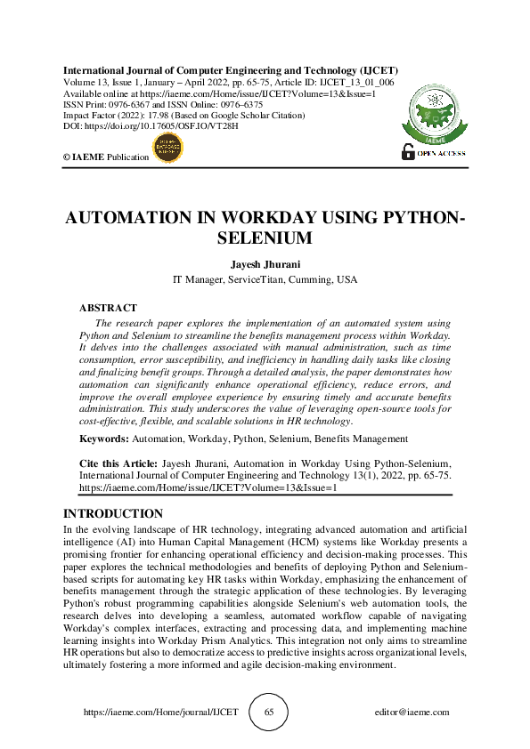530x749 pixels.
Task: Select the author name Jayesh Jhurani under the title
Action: tap(265, 263)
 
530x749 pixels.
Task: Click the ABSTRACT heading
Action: tap(108, 307)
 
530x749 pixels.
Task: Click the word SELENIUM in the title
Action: tap(265, 238)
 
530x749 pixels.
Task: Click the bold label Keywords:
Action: tap(104, 439)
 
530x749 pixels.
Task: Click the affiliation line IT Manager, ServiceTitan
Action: tap(265, 279)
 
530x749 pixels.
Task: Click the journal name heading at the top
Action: tap(230, 70)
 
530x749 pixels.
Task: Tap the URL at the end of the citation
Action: tap(208, 488)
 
